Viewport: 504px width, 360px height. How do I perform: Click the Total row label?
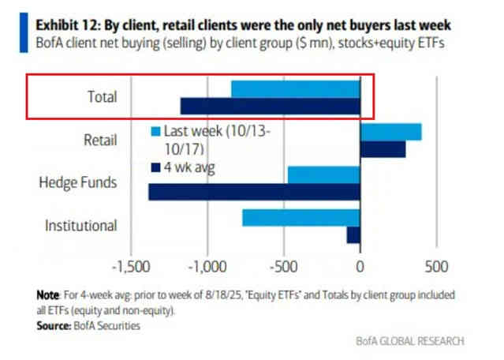coord(103,98)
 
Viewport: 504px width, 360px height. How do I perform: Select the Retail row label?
coord(100,141)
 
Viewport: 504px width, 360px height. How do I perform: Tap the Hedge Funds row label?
coord(78,183)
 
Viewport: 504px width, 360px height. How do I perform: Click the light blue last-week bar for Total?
coord(295,88)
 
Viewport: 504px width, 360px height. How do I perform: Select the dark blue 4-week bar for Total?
coord(270,106)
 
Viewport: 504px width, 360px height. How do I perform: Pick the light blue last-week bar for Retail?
coord(390,131)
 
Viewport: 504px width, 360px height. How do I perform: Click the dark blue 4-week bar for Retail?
coord(383,148)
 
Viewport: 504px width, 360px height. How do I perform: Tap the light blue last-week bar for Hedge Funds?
coord(323,174)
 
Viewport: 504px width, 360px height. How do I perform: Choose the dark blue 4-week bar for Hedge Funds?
coord(254,191)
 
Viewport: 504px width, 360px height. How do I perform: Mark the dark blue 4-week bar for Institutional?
coord(353,234)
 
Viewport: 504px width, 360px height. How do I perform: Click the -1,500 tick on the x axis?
coord(132,266)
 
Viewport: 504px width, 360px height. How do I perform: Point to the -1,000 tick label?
coord(208,266)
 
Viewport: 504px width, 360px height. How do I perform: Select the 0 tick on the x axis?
coord(360,266)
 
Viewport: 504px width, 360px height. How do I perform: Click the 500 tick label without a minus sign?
coord(435,266)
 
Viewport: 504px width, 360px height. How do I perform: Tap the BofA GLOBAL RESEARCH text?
coord(411,341)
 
